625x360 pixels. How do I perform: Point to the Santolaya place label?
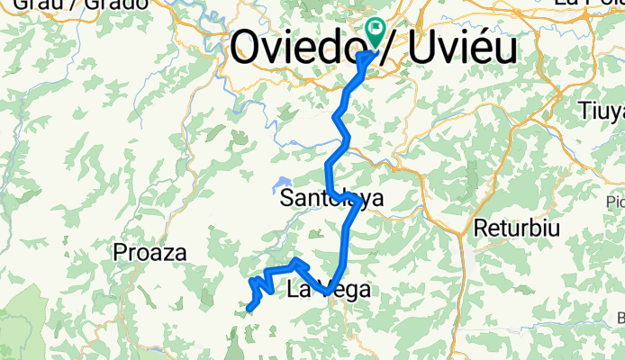click(329, 198)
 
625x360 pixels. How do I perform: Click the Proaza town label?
click(150, 254)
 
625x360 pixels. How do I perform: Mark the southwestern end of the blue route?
click(249, 310)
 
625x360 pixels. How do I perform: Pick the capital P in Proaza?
click(121, 254)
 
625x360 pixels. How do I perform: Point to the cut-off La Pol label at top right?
click(590, 4)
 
